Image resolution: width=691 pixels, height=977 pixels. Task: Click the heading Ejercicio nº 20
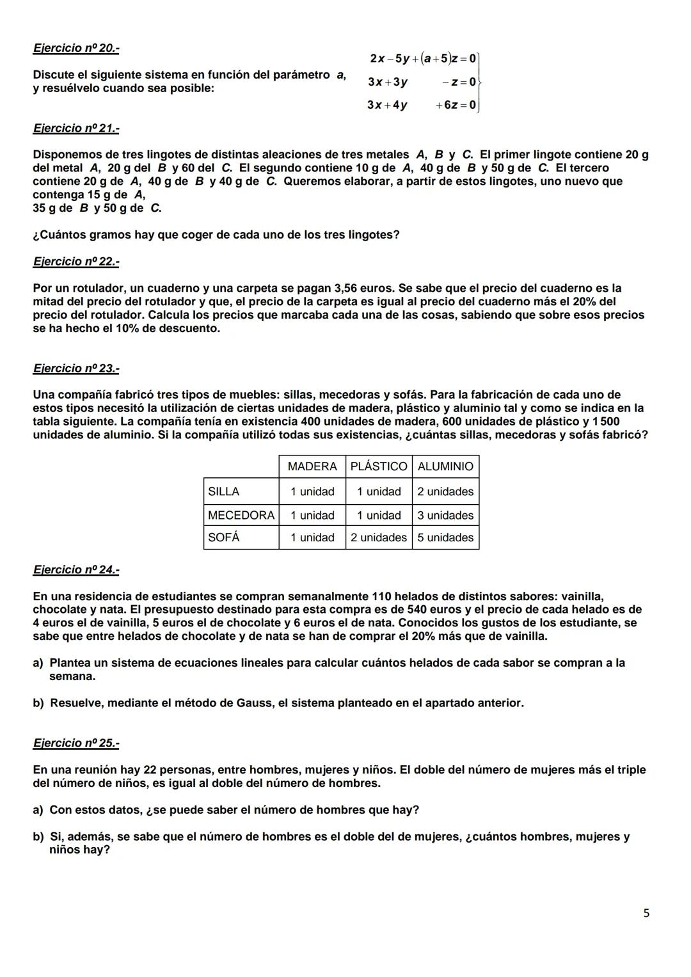click(75, 48)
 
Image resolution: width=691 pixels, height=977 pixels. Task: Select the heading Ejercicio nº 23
click(75, 369)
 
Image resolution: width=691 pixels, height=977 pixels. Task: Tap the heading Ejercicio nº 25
click(75, 743)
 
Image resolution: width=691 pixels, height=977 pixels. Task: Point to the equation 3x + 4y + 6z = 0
click(422, 105)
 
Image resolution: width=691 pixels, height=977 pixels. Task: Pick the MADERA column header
click(312, 466)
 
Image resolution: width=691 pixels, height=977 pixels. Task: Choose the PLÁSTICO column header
click(379, 466)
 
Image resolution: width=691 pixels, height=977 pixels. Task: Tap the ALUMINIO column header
click(445, 466)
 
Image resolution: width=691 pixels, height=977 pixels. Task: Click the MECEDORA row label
click(241, 515)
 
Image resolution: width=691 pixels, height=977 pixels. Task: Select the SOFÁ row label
click(224, 537)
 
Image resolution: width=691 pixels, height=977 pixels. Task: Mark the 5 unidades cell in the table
click(445, 537)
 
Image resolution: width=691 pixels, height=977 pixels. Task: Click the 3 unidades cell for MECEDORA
click(445, 515)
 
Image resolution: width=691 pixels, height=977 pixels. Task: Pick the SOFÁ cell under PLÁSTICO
click(379, 537)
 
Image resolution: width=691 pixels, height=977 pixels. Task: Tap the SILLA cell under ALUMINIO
click(445, 491)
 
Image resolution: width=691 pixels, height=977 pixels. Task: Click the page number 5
click(646, 913)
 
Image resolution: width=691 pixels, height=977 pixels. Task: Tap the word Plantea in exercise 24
click(72, 663)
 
